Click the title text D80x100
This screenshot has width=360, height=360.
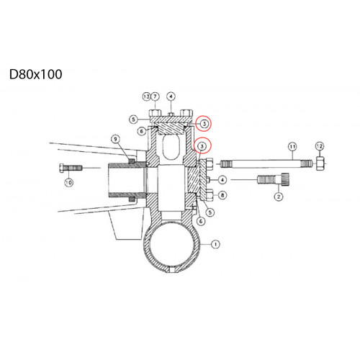pyautogui.click(x=36, y=74)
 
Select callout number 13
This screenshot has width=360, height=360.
pyautogui.click(x=146, y=96)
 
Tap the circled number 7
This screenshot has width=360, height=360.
pyautogui.click(x=155, y=96)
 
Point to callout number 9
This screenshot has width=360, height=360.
pyautogui.click(x=116, y=139)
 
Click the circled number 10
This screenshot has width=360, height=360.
pyautogui.click(x=68, y=183)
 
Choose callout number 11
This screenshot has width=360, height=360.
pyautogui.click(x=292, y=146)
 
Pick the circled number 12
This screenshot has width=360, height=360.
pyautogui.click(x=320, y=146)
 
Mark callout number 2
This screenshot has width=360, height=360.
pyautogui.click(x=279, y=197)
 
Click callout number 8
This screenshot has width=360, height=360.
pyautogui.click(x=222, y=195)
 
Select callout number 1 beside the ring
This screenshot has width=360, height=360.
pyautogui.click(x=215, y=244)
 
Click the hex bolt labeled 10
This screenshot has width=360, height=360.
pyautogui.click(x=71, y=168)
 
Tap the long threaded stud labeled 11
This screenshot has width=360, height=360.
pyautogui.click(x=266, y=164)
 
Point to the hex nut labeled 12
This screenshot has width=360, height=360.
pyautogui.click(x=320, y=163)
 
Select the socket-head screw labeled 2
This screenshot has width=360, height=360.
pyautogui.click(x=274, y=179)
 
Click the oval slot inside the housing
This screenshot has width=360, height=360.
pyautogui.click(x=171, y=147)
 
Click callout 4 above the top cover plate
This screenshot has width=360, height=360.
pyautogui.click(x=171, y=96)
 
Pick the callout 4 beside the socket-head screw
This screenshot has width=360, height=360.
pyautogui.click(x=222, y=180)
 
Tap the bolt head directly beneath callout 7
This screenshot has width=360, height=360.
pyautogui.click(x=155, y=113)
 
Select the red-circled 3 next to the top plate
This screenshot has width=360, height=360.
pyautogui.click(x=204, y=124)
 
